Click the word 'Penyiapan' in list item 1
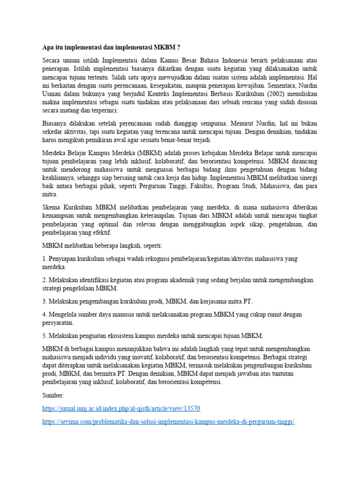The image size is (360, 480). pyautogui.click(x=64, y=259)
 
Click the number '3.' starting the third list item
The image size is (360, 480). pyautogui.click(x=45, y=301)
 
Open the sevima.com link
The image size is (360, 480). pyautogui.click(x=168, y=421)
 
